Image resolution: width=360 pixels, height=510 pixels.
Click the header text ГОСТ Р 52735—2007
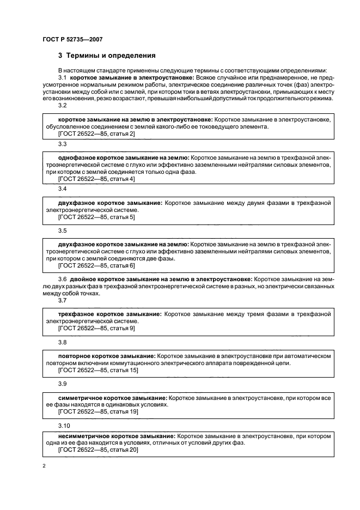tap(72, 39)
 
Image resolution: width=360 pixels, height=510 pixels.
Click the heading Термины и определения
tap(107, 55)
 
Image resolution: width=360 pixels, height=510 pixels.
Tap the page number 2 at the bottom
tap(44, 466)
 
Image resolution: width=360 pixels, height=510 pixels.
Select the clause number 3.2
tap(62, 106)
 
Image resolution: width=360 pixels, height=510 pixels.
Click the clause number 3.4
tap(62, 188)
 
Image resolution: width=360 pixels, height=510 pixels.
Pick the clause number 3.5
tap(62, 230)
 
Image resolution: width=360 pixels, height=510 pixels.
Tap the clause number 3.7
tap(62, 300)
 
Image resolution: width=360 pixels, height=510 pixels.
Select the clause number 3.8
tap(62, 343)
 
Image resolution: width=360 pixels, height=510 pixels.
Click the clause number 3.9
tap(62, 384)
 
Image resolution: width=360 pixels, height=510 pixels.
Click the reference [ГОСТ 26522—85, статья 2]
tap(96, 133)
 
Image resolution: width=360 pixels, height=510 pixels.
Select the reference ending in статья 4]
tap(96, 179)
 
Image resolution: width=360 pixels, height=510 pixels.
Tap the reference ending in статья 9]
tap(96, 329)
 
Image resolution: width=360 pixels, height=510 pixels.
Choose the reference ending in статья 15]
tap(97, 370)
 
